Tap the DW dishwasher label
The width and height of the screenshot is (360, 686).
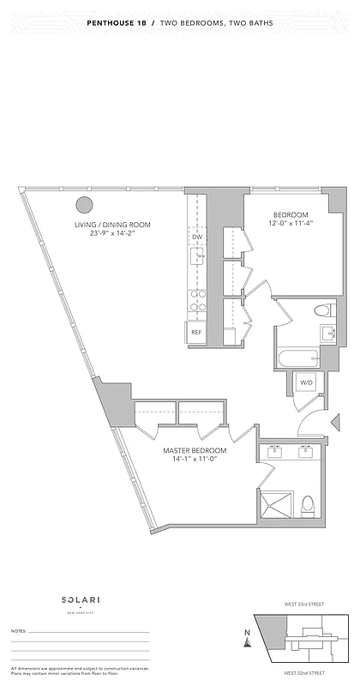coord(197,237)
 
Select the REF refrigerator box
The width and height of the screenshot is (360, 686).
coord(196,332)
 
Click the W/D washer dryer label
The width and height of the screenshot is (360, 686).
coord(306,382)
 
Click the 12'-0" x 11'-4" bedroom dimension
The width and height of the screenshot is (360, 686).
coord(291,224)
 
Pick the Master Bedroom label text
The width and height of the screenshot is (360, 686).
coord(195,450)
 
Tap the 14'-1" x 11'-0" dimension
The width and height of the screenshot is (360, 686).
coord(195,460)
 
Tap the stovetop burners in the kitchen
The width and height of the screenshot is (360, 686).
coord(197,299)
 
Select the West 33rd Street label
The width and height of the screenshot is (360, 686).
coord(306,605)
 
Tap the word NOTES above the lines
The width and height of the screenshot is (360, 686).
coord(18,630)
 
